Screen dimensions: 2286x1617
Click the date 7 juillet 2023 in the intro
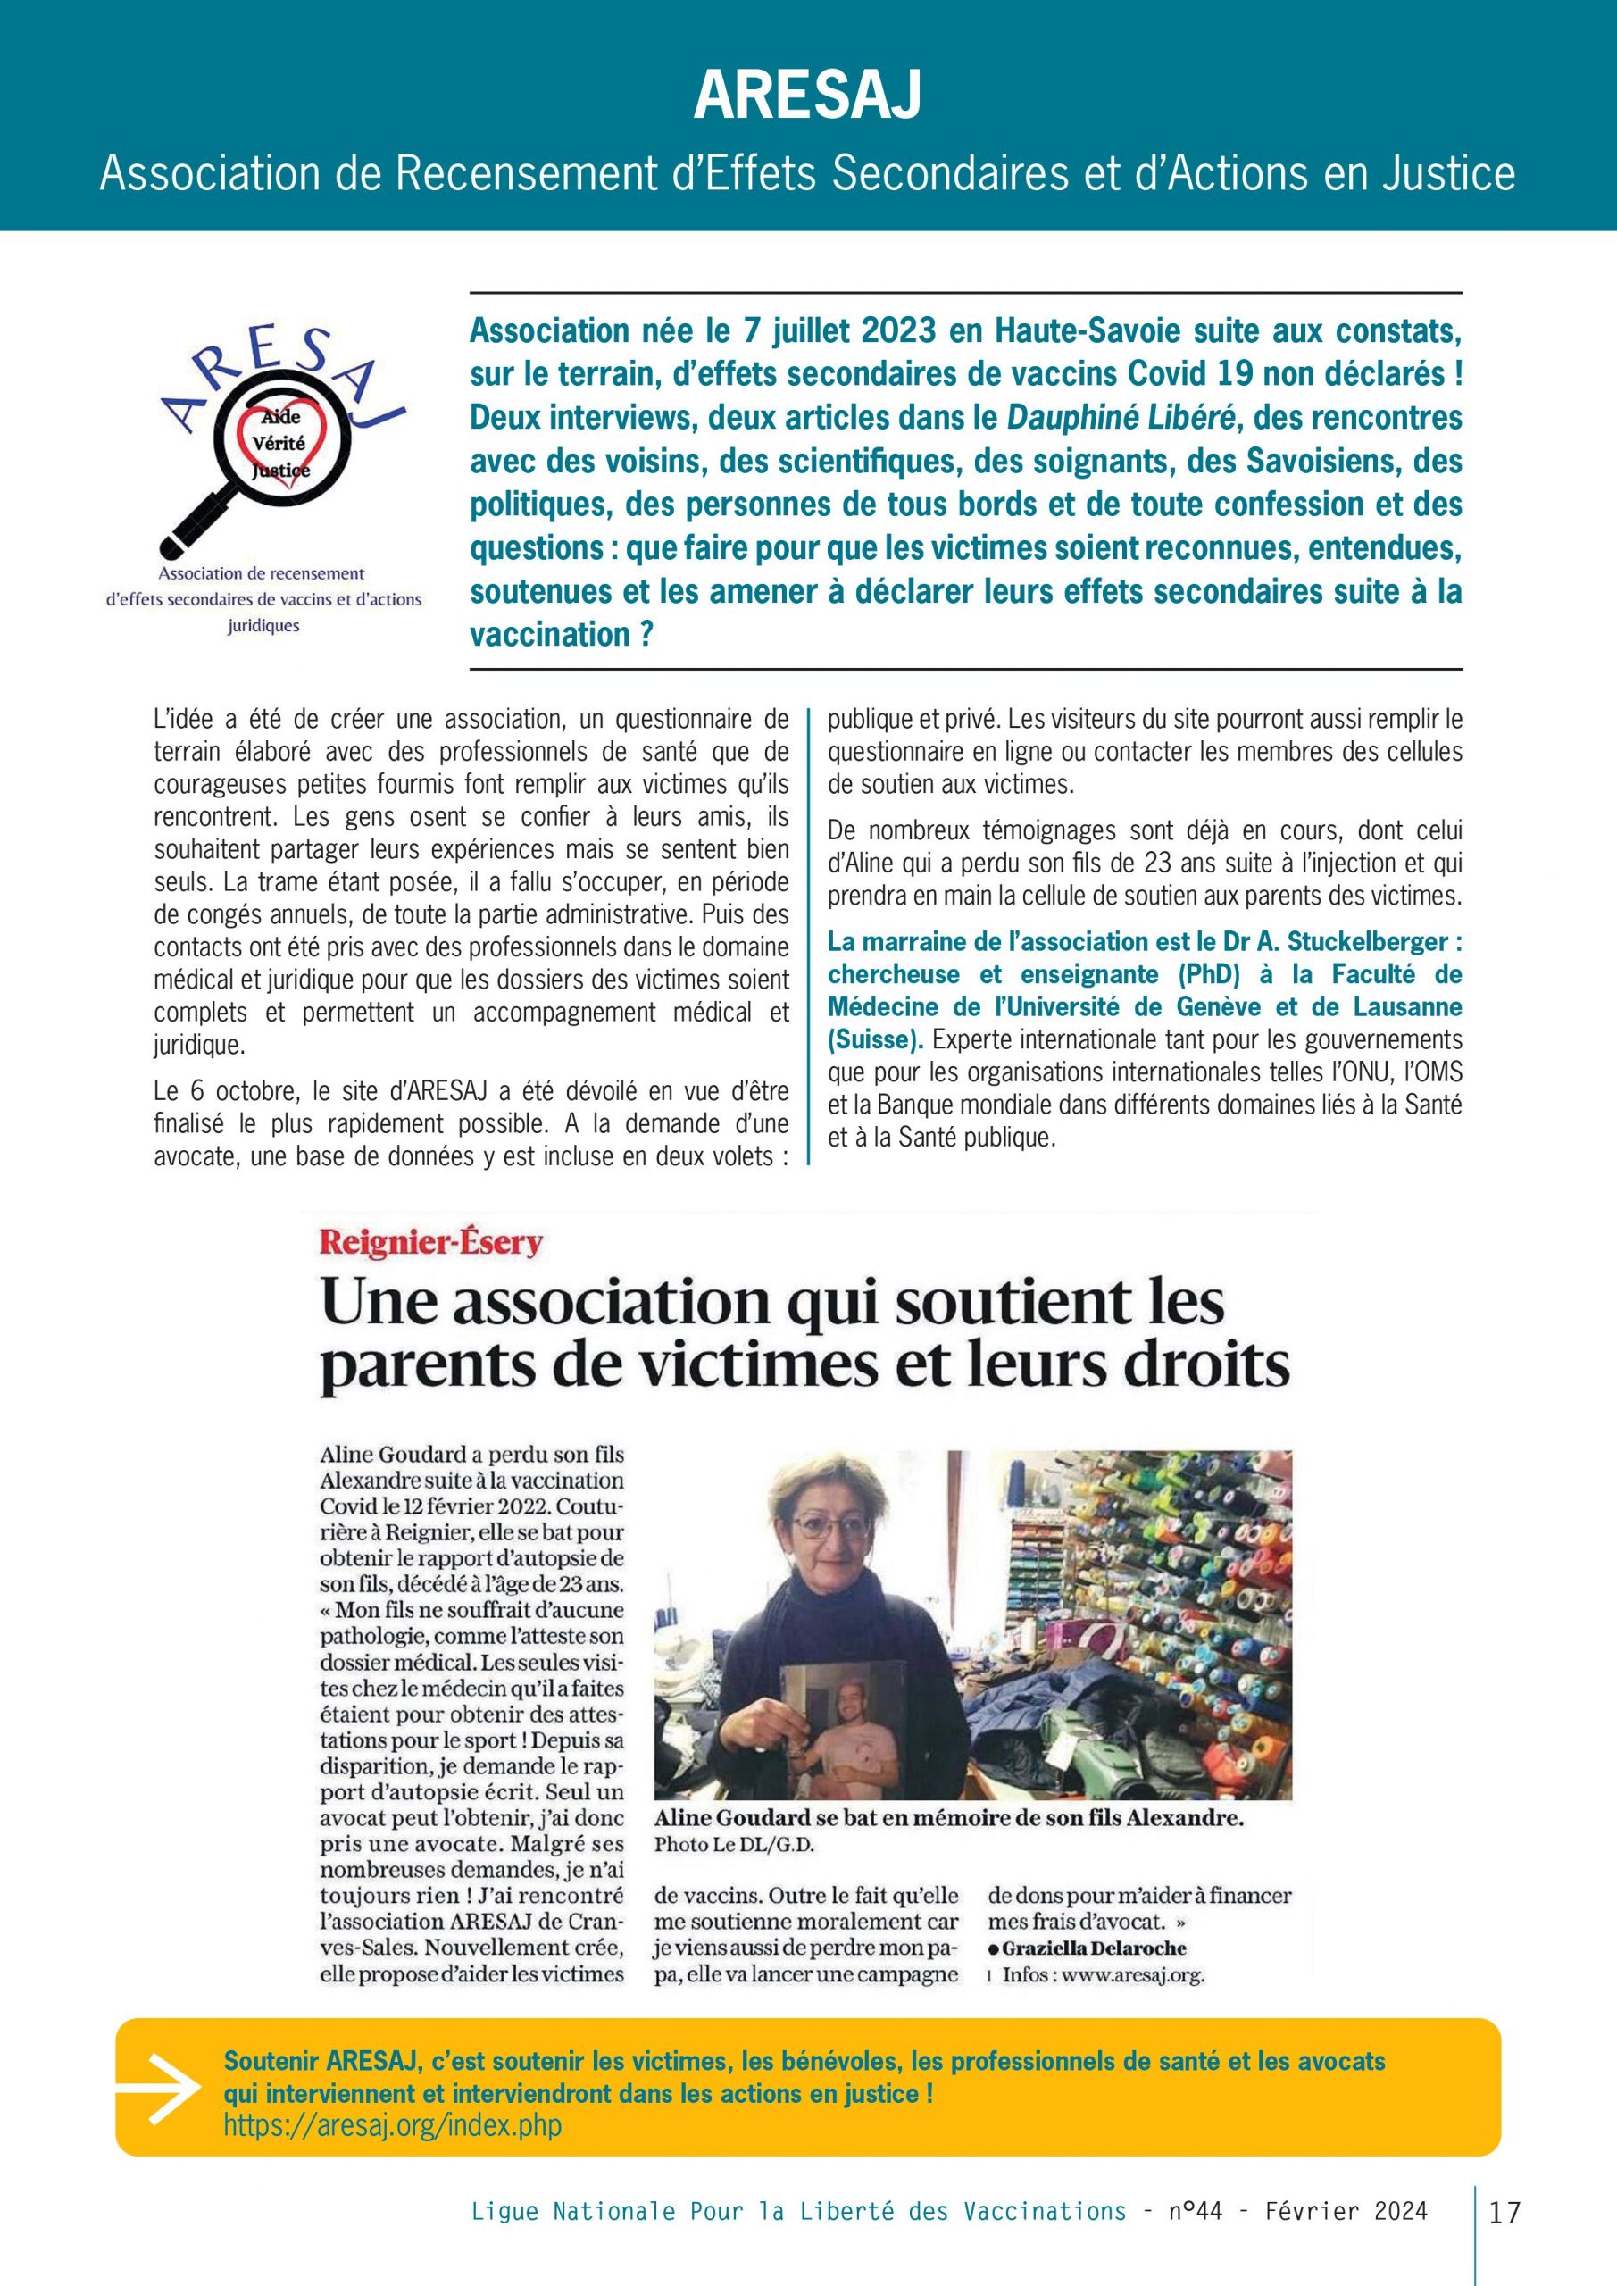click(821, 330)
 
